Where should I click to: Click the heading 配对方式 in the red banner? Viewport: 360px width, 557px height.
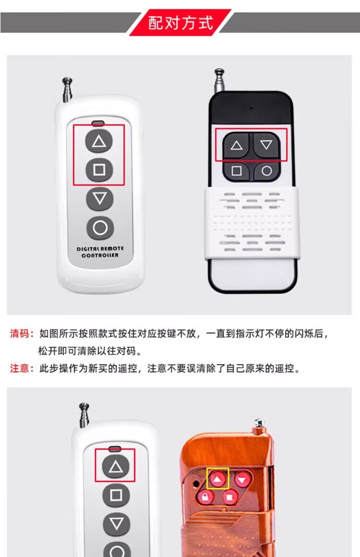[x=180, y=23]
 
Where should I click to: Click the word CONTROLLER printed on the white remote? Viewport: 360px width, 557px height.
[x=100, y=255]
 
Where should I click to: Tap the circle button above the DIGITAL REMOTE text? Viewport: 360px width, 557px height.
[x=100, y=228]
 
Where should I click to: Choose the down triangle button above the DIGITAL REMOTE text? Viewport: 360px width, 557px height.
[x=99, y=199]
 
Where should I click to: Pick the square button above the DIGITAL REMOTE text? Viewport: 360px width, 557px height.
[x=99, y=170]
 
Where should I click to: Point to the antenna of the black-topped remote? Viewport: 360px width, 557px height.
[x=220, y=81]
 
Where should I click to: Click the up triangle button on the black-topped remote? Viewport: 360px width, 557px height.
[x=236, y=145]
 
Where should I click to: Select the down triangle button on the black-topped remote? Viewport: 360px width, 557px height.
[x=266, y=144]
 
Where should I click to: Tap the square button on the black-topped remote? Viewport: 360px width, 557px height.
[x=236, y=171]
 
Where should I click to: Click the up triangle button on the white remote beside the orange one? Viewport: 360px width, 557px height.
[x=116, y=466]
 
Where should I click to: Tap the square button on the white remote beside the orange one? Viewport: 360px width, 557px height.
[x=116, y=495]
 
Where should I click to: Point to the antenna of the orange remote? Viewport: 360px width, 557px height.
[x=260, y=425]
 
